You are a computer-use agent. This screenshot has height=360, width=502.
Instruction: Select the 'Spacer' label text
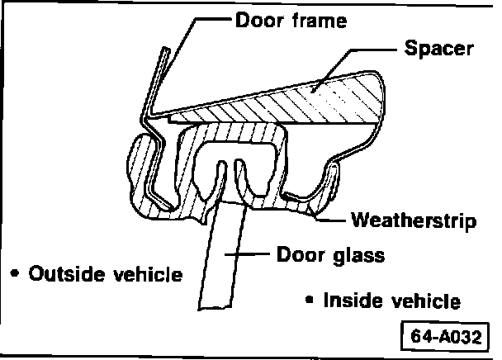(439, 48)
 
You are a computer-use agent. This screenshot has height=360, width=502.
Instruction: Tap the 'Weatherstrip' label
(412, 220)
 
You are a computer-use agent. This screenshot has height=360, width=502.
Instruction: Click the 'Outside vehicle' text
(105, 273)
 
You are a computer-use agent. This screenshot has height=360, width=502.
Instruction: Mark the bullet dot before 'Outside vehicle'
(15, 272)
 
